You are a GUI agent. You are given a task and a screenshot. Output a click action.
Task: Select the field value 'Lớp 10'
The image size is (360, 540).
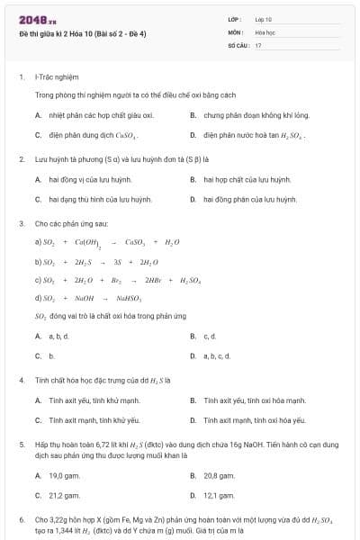264,19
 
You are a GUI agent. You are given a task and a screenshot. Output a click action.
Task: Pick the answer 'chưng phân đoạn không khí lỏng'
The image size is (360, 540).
256,115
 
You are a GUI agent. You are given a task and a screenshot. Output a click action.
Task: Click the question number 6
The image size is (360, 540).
21,520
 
